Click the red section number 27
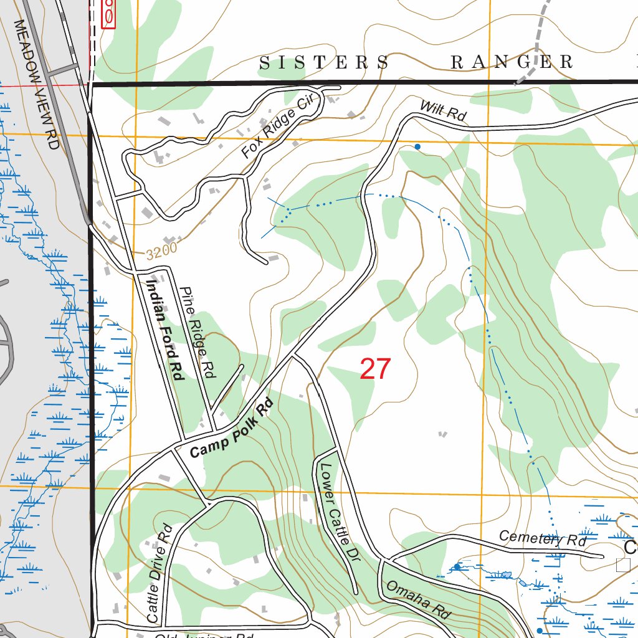tap(375, 369)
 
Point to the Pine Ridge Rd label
tap(197, 333)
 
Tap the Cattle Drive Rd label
tap(159, 573)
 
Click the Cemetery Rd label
tap(543, 539)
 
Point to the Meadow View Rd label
tap(36, 84)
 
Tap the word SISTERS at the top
tap(324, 62)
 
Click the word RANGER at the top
tap(511, 62)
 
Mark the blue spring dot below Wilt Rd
tap(417, 147)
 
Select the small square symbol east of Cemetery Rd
tap(622, 565)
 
